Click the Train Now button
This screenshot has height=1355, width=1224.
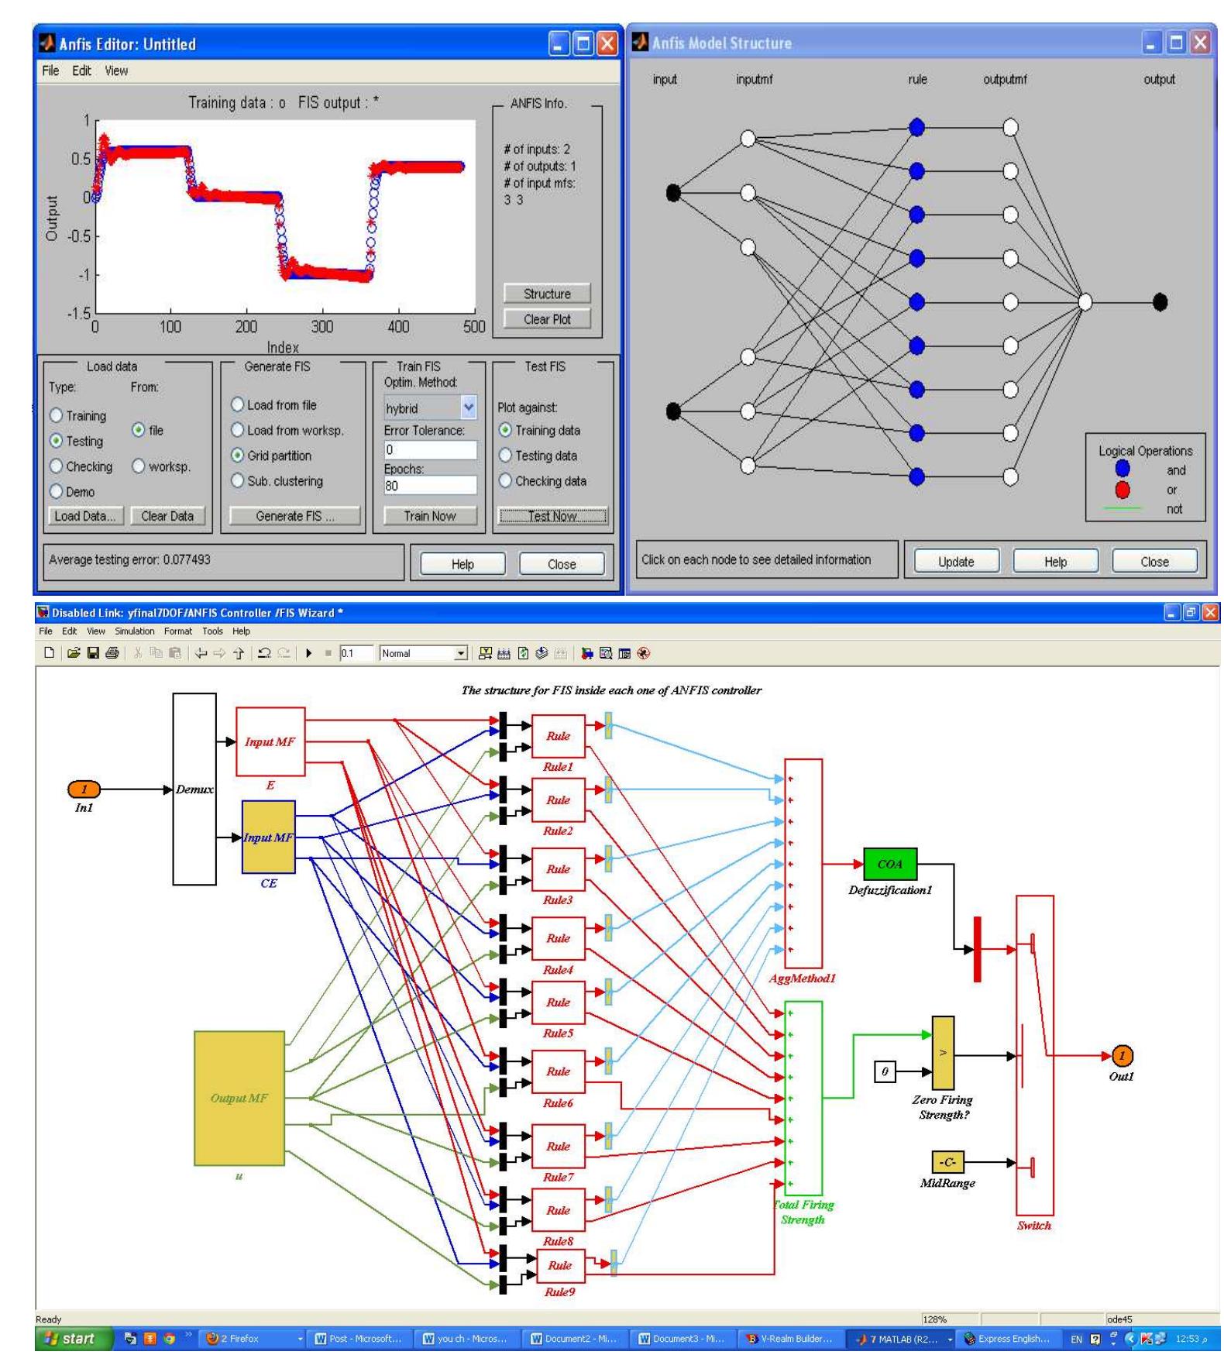pos(429,516)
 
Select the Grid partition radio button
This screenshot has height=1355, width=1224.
pos(238,456)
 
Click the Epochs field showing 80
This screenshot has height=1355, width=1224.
pos(429,486)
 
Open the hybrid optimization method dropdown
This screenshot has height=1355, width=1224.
pos(468,408)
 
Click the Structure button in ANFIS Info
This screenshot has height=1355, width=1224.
pos(547,294)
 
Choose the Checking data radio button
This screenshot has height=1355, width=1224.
pos(506,481)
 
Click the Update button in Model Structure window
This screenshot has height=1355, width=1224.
pos(956,562)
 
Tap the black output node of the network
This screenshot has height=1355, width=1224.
pos(1160,302)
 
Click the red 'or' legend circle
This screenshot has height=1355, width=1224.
pos(1123,490)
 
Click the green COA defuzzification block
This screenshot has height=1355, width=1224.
pos(889,864)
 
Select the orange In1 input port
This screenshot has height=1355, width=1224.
pos(84,789)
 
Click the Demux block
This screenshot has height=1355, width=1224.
pos(194,789)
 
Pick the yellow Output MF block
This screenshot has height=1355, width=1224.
pos(239,1098)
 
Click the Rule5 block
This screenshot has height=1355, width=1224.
pos(558,1002)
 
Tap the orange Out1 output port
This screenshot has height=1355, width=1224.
pos(1122,1056)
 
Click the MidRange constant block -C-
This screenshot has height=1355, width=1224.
pos(947,1162)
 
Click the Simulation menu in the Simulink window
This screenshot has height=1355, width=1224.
pos(134,631)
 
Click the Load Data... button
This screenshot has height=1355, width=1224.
pos(84,516)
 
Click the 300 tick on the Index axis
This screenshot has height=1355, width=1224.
pos(321,327)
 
